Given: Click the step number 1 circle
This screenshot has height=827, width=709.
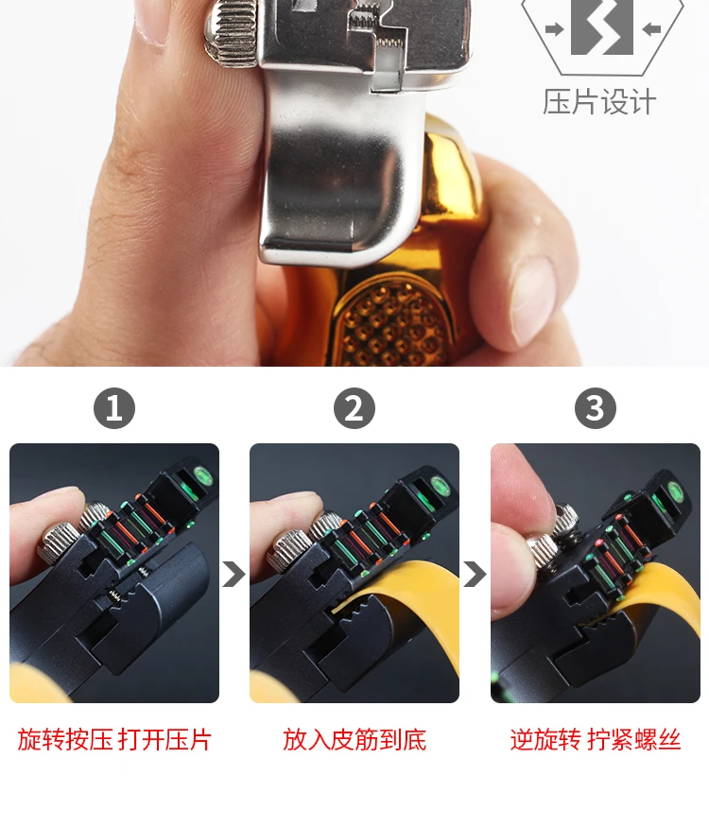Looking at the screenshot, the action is coord(114,408).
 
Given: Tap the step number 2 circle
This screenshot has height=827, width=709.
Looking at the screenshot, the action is coord(354,408).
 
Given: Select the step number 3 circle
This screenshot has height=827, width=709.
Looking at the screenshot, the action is coord(596,408).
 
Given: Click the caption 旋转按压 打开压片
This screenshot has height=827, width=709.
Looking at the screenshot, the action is coord(114,739).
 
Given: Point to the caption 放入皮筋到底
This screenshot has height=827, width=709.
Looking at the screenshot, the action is coord(354,739).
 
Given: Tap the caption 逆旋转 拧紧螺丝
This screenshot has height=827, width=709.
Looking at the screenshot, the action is coord(596,739).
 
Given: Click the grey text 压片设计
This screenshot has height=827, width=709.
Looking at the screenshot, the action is coord(599,102).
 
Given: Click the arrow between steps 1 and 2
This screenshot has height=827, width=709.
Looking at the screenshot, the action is coord(233,575).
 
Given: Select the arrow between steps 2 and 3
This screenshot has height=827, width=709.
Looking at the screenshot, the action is coord(475,575).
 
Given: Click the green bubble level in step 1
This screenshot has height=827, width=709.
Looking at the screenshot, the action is coord(202,476).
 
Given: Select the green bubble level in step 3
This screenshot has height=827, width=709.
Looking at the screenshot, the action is coord(675,491).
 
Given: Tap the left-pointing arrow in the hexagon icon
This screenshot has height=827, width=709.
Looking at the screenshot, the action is coord(652,29).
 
